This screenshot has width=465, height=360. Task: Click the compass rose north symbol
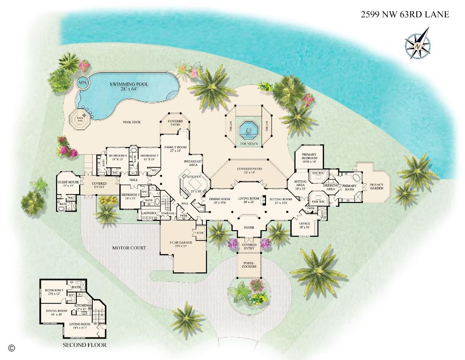417,45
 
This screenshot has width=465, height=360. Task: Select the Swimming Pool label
129,86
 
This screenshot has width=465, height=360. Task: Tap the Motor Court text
129,248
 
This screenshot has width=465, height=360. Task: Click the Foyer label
249,228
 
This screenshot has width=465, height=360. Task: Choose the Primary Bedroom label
310,157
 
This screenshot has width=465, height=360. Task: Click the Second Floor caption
84,345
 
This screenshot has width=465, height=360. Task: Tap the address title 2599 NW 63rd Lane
405,15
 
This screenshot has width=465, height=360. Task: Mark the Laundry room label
148,213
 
